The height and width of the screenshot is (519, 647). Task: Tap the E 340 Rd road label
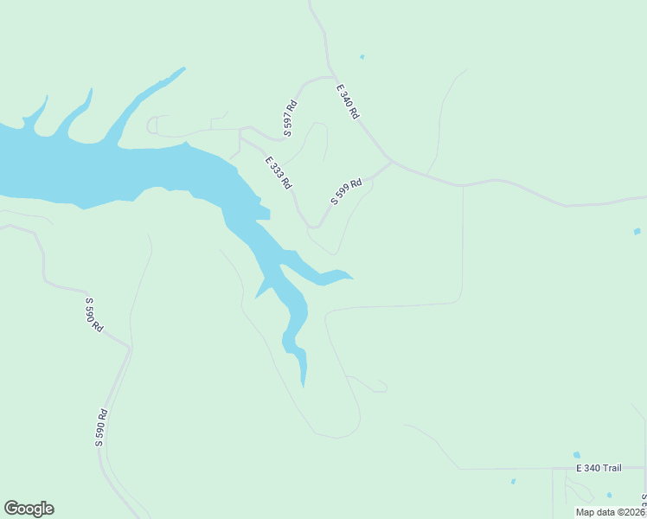(348, 101)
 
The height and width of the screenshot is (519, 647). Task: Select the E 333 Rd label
(279, 173)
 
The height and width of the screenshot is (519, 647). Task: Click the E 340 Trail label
(599, 468)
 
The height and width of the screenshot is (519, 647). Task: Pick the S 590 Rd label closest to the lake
(93, 315)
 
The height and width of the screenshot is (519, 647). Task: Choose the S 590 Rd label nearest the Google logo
(101, 427)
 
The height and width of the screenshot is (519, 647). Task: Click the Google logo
(29, 509)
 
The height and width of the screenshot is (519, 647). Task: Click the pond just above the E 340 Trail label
(576, 454)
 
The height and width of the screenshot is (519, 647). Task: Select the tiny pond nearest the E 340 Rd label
(362, 57)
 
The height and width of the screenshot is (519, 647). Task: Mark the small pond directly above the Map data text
(609, 495)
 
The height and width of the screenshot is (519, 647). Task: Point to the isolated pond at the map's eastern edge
(637, 231)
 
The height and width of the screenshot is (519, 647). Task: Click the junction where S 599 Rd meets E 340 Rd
(391, 161)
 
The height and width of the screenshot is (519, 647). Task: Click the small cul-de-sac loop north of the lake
(151, 126)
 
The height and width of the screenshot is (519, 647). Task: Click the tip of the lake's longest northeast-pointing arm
(183, 68)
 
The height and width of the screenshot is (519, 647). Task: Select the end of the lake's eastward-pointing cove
(350, 277)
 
